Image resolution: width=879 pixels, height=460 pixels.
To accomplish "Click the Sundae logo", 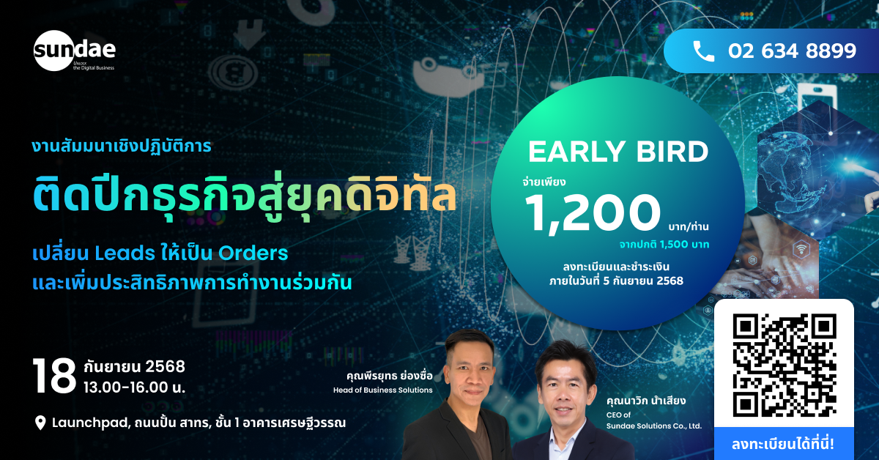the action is pyautogui.click(x=75, y=51).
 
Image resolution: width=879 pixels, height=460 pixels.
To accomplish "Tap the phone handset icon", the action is pyautogui.click(x=704, y=51).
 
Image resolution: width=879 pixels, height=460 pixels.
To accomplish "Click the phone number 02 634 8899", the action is pyautogui.click(x=792, y=51).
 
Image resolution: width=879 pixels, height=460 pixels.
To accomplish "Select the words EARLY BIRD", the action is pyautogui.click(x=618, y=152).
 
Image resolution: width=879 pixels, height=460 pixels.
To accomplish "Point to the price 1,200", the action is pyautogui.click(x=593, y=214).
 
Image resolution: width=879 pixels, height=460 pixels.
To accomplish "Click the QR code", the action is pyautogui.click(x=785, y=365).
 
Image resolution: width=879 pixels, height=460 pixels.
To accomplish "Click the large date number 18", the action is pyautogui.click(x=54, y=376).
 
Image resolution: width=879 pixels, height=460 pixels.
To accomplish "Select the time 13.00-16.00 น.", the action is pyautogui.click(x=134, y=387).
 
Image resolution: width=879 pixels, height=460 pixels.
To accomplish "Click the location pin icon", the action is pyautogui.click(x=40, y=423).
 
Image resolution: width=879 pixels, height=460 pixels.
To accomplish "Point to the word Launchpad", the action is pyautogui.click(x=91, y=423).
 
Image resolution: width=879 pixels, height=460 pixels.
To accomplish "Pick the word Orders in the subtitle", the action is pyautogui.click(x=253, y=253).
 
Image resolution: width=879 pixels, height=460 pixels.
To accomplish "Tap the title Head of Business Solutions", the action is pyautogui.click(x=382, y=390).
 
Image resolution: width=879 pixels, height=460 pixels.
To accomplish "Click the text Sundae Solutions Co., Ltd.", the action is pyautogui.click(x=653, y=426).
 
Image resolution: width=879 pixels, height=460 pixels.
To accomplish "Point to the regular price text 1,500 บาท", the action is pyautogui.click(x=684, y=245).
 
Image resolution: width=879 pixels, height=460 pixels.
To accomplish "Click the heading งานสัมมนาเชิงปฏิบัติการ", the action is pyautogui.click(x=122, y=146).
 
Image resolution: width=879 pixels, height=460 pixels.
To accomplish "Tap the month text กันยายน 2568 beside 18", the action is pyautogui.click(x=134, y=366).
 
